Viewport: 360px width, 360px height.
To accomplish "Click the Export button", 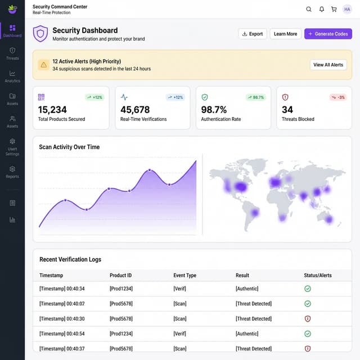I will [252, 34].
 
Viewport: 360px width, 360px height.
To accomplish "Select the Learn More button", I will [285, 34].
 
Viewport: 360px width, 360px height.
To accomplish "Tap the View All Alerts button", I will [328, 65].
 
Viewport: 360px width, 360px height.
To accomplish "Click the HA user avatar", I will [346, 9].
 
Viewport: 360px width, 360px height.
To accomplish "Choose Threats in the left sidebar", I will [12, 53].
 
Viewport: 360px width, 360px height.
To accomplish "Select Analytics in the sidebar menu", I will [12, 76].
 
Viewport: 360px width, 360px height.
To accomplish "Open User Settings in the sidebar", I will [12, 147].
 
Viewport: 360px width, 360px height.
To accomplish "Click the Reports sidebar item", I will [12, 172].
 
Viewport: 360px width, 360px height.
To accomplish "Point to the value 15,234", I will [52, 110].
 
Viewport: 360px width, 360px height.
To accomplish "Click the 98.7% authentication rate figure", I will [214, 110].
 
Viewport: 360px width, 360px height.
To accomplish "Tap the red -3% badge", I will [338, 97].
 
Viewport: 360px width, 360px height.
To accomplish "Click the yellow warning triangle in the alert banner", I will [44, 65].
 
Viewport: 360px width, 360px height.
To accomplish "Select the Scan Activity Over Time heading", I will [69, 147].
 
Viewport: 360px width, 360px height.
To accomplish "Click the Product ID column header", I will [120, 276].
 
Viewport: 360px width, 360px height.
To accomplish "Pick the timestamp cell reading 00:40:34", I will [62, 289].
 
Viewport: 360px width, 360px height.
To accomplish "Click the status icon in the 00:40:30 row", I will [308, 318].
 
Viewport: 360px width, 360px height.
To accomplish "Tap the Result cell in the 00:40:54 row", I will [247, 334].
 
